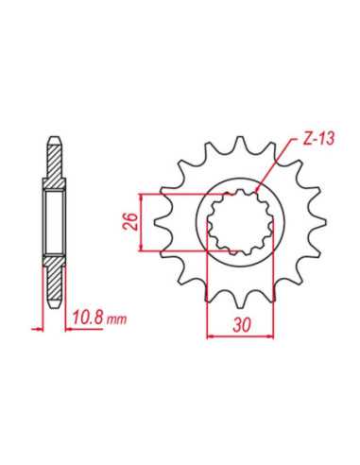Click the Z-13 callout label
tap(318, 138)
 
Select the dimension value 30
tap(242, 325)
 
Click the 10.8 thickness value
tap(89, 319)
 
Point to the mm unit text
tap(116, 319)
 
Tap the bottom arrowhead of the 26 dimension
tap(142, 247)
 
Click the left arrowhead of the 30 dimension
tap(211, 336)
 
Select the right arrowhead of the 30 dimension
tap(270, 336)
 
